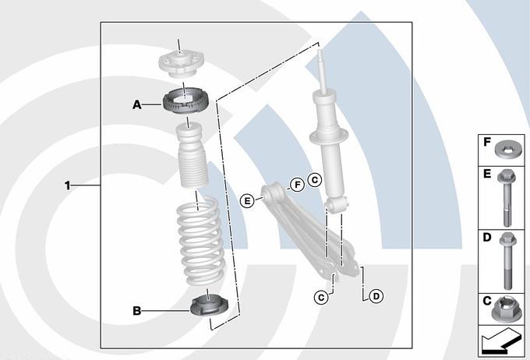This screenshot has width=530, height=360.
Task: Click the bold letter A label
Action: pyautogui.click(x=137, y=104)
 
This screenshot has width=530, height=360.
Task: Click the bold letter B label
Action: pyautogui.click(x=137, y=311)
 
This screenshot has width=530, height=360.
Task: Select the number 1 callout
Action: pyautogui.click(x=68, y=185)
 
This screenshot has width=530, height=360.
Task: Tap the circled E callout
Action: pyautogui.click(x=247, y=201)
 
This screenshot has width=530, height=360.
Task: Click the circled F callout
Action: pyautogui.click(x=298, y=185)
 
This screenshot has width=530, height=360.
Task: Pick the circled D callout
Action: pyautogui.click(x=376, y=296)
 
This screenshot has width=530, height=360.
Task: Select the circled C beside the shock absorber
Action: pyautogui.click(x=315, y=179)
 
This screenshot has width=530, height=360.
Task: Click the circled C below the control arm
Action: pyautogui.click(x=321, y=298)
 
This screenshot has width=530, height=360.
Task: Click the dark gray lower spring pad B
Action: pyautogui.click(x=209, y=306)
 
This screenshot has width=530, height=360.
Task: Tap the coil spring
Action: pyautogui.click(x=201, y=241)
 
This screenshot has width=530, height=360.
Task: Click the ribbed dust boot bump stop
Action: pyautogui.click(x=192, y=155)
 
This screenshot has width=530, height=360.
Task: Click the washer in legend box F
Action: pyautogui.click(x=508, y=150)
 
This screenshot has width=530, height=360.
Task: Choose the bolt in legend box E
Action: pyautogui.click(x=506, y=198)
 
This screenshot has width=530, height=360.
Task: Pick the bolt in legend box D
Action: pyautogui.click(x=507, y=261)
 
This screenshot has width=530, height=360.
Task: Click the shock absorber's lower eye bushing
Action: pyautogui.click(x=336, y=204)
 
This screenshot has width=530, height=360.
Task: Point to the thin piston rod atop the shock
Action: pyautogui.click(x=321, y=72)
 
